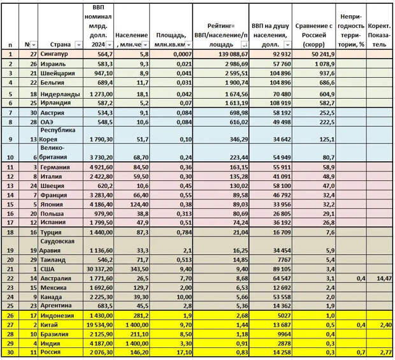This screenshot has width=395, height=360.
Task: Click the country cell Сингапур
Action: [x=57, y=55]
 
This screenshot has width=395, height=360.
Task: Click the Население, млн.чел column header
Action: [x=132, y=40]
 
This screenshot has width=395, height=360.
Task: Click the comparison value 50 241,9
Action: [x=315, y=55]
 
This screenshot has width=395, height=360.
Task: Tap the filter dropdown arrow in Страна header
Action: [x=78, y=45]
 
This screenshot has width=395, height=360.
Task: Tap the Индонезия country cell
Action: [x=57, y=315]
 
